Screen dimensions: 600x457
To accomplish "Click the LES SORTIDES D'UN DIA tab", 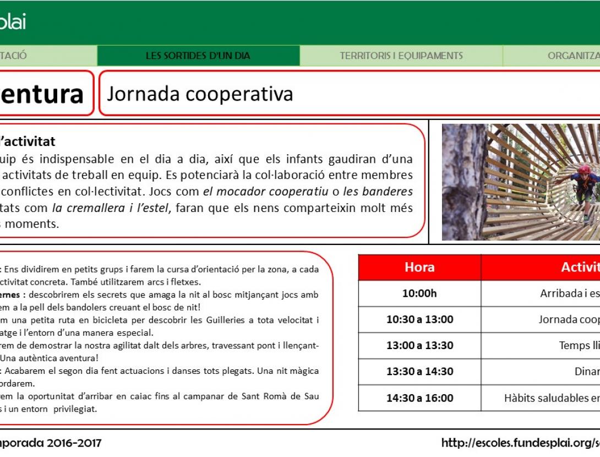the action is (x=198, y=56).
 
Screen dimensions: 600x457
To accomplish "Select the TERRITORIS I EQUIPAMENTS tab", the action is (x=401, y=56).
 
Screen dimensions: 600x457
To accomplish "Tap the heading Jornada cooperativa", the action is (x=200, y=94).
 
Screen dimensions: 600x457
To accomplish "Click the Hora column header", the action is (x=419, y=268).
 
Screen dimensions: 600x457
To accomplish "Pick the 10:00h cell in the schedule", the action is (x=419, y=293).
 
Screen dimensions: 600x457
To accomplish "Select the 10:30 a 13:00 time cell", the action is (x=419, y=319).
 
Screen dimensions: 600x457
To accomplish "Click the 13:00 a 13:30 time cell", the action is (x=419, y=345).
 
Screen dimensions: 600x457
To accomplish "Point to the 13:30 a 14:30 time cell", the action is (x=419, y=371).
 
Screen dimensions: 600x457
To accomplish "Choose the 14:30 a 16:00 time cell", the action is (x=419, y=398).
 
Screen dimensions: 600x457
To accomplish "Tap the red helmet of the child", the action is (x=584, y=169).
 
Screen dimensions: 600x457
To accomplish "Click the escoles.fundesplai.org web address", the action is (x=520, y=443).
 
